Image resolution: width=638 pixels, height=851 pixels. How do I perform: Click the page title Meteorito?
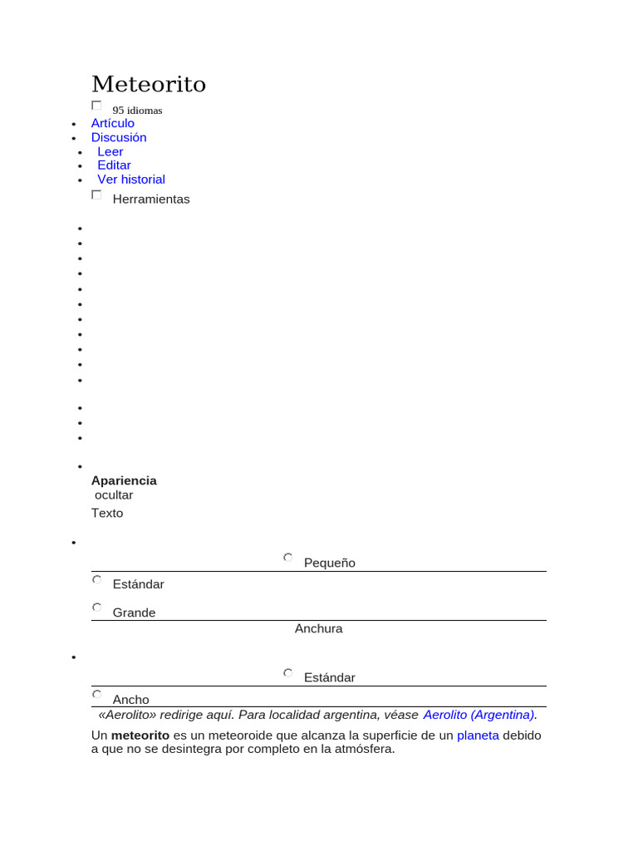(149, 84)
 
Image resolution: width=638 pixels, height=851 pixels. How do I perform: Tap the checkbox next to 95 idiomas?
(96, 106)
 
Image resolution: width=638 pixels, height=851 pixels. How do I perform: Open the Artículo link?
(113, 123)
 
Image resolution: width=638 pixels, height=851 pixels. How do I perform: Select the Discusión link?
(119, 137)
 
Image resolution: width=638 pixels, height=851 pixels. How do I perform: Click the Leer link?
(110, 151)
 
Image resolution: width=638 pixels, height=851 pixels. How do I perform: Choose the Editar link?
(115, 165)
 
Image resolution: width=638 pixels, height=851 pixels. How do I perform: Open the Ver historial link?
(131, 180)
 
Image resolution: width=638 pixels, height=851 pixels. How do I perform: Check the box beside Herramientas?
(96, 194)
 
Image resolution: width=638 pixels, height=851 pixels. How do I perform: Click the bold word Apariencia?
(124, 480)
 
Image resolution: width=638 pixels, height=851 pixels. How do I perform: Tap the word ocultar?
(114, 495)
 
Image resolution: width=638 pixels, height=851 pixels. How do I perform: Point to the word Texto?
(107, 513)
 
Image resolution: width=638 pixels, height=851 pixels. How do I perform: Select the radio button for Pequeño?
(287, 558)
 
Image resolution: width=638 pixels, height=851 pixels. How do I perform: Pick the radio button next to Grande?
(96, 608)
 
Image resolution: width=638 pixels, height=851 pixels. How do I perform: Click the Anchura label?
(319, 629)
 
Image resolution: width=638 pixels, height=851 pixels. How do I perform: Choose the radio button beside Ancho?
(96, 694)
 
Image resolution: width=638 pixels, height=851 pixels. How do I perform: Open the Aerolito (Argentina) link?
(478, 715)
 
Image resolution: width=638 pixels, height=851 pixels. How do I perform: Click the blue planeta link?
(478, 735)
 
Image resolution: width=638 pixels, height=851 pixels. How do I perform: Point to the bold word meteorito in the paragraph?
(140, 735)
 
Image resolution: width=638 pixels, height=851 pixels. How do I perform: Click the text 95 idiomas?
(138, 111)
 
